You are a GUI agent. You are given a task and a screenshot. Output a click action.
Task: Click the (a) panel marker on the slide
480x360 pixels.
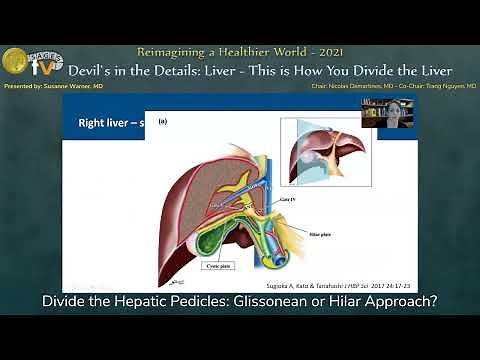163,123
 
